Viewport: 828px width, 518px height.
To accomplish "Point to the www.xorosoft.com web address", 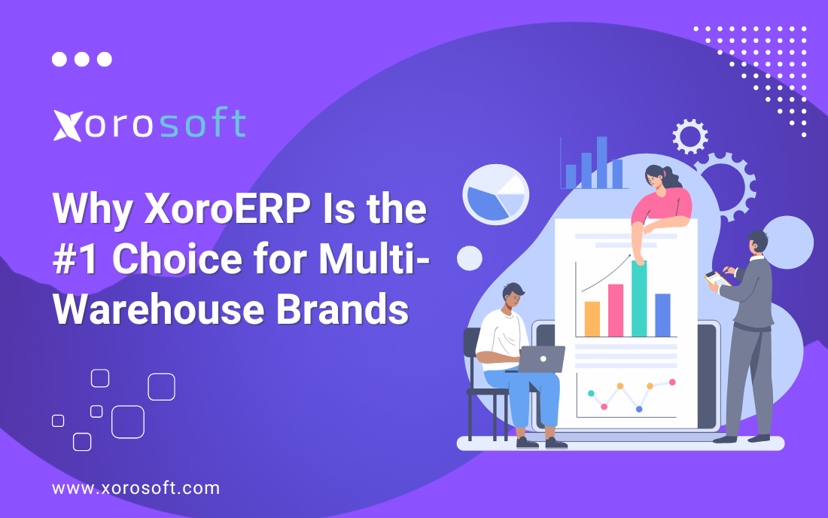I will point(136,488).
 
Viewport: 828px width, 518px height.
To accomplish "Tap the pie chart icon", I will point(495,194).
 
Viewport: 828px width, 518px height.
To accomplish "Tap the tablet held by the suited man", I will point(717,279).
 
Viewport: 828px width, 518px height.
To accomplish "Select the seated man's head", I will point(514,297).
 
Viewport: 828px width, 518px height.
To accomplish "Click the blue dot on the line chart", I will point(639,409).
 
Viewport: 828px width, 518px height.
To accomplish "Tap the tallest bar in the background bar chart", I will point(601,162).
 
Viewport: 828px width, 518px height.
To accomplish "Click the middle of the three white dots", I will point(82,59).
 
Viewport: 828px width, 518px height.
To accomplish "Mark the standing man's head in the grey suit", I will point(757,243).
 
